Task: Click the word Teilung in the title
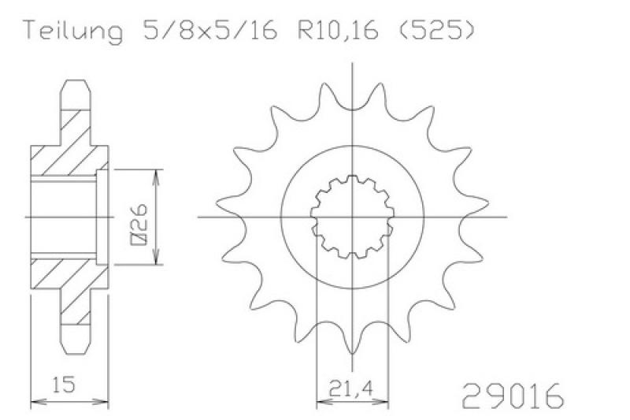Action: [74, 30]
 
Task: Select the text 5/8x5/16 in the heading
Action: [210, 29]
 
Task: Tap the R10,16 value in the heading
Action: [338, 30]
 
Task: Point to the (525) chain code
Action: [437, 29]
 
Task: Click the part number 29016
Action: [513, 396]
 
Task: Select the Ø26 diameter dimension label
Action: [139, 225]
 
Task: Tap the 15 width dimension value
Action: [63, 385]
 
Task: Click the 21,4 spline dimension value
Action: [350, 388]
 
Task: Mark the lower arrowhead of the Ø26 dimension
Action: [156, 256]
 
